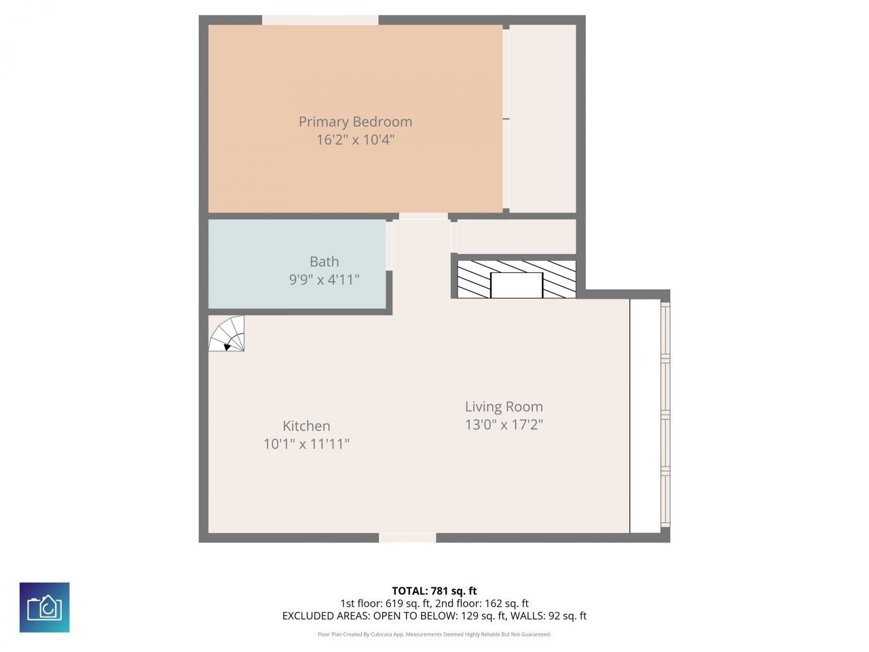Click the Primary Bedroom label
[355, 122]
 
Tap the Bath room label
[324, 261]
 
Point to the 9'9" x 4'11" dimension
[324, 279]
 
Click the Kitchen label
[306, 426]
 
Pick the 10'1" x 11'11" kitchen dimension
[306, 444]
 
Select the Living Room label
[504, 407]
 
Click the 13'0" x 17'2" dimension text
[504, 425]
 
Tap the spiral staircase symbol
[227, 335]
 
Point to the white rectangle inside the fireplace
[517, 285]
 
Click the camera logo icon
[44, 607]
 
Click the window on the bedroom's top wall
[320, 20]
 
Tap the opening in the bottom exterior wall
[407, 538]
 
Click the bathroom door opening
[389, 245]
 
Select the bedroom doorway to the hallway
[423, 217]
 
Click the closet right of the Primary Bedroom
[542, 119]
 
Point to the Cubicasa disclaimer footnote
[434, 634]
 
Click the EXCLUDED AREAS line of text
[434, 616]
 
